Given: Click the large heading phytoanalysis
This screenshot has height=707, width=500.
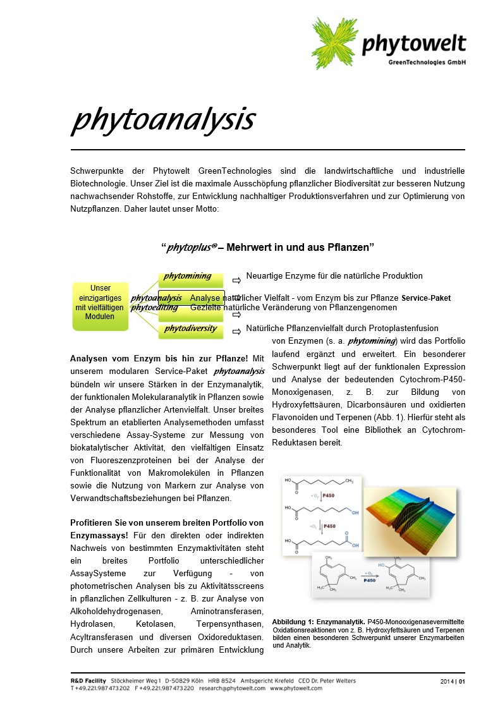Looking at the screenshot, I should click(163, 119).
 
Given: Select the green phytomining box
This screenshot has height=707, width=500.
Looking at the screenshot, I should click(191, 278).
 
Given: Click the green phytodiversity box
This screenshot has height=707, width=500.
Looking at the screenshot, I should click(191, 330).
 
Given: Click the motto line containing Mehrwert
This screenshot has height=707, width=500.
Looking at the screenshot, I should click(268, 248).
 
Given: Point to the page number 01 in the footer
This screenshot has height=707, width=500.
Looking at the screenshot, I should click(462, 681).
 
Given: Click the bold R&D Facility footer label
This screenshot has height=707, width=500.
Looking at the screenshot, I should click(89, 680).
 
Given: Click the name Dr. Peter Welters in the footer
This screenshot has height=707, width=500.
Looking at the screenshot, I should click(334, 680).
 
